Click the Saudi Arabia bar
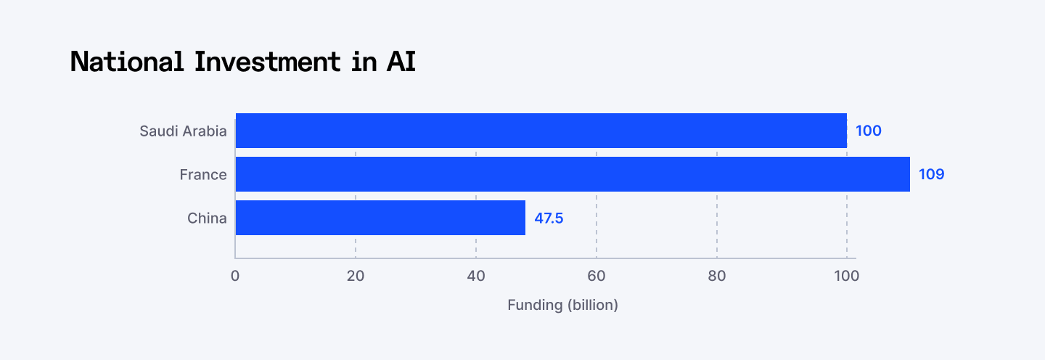coord(541,131)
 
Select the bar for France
coord(573,174)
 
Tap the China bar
coord(380,218)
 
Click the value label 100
coord(868,131)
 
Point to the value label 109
coord(931,175)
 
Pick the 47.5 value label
coord(549,218)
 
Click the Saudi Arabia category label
coord(183,131)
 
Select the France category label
coord(203,175)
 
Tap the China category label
coord(207,218)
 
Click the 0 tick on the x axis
coord(235,276)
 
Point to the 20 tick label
coord(356,276)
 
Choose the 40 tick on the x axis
coord(476,276)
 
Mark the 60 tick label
coord(597,276)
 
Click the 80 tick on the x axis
coord(717,276)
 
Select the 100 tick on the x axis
coord(846,276)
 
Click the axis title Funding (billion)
coord(562,305)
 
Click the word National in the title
coord(127,62)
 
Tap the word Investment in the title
coord(267,62)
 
